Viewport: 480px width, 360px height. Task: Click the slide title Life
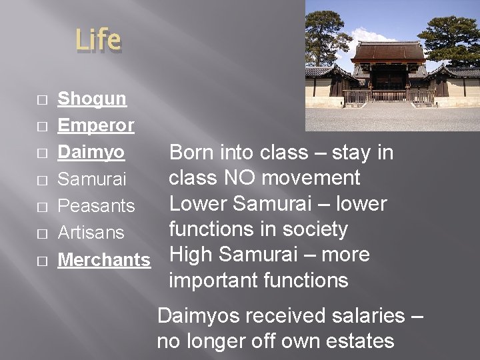click(x=98, y=39)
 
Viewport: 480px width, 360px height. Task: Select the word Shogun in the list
click(x=92, y=99)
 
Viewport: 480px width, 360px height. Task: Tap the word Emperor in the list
click(x=96, y=125)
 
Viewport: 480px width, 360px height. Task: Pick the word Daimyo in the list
click(x=91, y=152)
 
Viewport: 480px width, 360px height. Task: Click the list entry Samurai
click(x=91, y=179)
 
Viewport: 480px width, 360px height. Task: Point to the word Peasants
click(x=96, y=206)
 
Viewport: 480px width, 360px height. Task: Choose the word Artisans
click(x=91, y=233)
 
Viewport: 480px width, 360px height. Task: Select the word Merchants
click(x=104, y=259)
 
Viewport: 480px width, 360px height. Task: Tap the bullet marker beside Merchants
click(x=42, y=261)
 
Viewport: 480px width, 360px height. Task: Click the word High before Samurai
click(x=191, y=255)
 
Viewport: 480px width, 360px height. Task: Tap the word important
click(x=213, y=281)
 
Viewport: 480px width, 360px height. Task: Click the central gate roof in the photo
click(x=388, y=51)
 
